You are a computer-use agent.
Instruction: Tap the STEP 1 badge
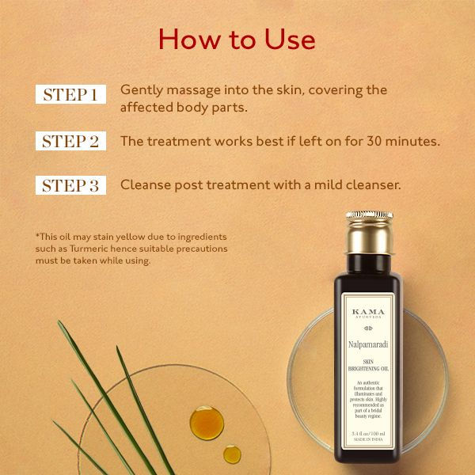tap(70, 95)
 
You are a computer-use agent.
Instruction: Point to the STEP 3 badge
tap(70, 185)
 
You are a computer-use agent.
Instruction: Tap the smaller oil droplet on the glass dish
tap(232, 454)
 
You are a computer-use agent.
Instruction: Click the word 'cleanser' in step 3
tap(375, 185)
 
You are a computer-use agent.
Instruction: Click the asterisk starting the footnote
tap(37, 236)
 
